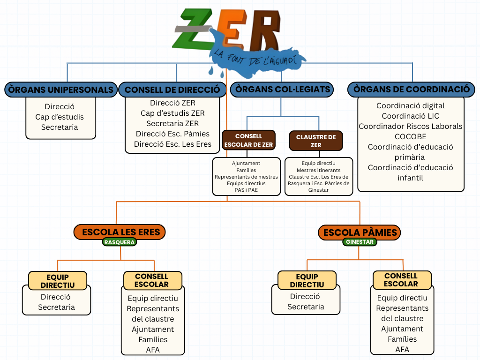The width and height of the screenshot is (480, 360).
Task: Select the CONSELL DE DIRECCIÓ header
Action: pyautogui.click(x=172, y=90)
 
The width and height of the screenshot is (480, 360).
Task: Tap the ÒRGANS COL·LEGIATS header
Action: pyautogui.click(x=283, y=89)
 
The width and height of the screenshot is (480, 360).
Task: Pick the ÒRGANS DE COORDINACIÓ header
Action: pyautogui.click(x=411, y=89)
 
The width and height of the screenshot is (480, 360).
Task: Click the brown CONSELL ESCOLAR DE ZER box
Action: pyautogui.click(x=248, y=141)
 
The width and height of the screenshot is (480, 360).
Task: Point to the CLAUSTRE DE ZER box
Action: pyautogui.click(x=316, y=141)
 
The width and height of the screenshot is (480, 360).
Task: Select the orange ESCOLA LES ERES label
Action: pyautogui.click(x=121, y=232)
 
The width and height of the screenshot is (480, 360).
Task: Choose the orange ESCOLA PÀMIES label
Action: pyautogui.click(x=360, y=232)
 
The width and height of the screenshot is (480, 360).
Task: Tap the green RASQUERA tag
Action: pyautogui.click(x=120, y=242)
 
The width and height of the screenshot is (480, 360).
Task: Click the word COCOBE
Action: pyautogui.click(x=411, y=136)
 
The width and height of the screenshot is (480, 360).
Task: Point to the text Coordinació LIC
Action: pyautogui.click(x=411, y=116)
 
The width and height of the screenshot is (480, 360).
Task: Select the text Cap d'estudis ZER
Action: pyautogui.click(x=172, y=113)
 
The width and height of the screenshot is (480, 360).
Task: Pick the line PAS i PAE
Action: pyautogui.click(x=246, y=190)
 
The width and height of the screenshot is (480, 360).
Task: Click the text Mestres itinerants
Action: pyautogui.click(x=319, y=170)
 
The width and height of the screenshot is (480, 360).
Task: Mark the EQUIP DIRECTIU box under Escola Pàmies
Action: pyautogui.click(x=307, y=280)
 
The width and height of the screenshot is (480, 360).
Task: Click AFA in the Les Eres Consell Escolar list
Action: pyautogui.click(x=153, y=350)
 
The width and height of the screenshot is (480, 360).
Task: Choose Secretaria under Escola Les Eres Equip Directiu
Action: pyautogui.click(x=56, y=307)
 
